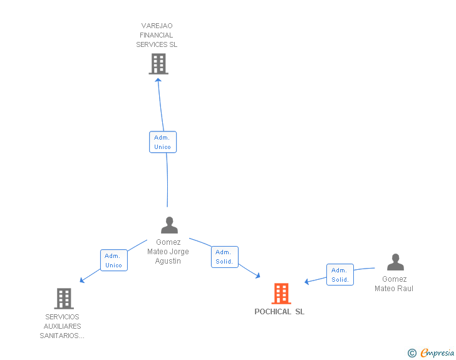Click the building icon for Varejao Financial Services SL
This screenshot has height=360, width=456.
[x=158, y=64]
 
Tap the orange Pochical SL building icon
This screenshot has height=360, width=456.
[x=281, y=294]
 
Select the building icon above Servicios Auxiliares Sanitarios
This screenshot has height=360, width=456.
[x=64, y=299]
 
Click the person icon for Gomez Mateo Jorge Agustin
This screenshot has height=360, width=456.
[x=169, y=225]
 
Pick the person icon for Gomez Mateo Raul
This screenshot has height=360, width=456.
[x=395, y=262]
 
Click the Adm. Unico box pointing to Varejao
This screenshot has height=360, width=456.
[x=163, y=142]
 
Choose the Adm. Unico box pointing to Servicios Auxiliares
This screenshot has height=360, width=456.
[x=114, y=260]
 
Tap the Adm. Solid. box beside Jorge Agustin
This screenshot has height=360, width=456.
[x=225, y=257]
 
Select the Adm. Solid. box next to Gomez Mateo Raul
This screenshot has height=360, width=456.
[x=340, y=274]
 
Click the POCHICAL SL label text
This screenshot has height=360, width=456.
[x=279, y=312]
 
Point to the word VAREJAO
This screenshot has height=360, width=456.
[x=157, y=26]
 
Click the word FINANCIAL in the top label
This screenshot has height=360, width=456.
[x=157, y=35]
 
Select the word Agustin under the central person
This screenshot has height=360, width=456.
[x=168, y=261]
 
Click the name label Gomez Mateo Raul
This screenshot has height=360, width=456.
[x=394, y=284]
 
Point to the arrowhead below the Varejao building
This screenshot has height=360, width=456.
[x=158, y=80]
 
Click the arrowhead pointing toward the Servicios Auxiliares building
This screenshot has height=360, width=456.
[x=82, y=280]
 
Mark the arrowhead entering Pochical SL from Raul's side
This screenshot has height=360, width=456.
[x=306, y=282]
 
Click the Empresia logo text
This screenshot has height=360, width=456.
[x=437, y=352]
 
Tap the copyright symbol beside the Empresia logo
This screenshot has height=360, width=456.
[x=412, y=353]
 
